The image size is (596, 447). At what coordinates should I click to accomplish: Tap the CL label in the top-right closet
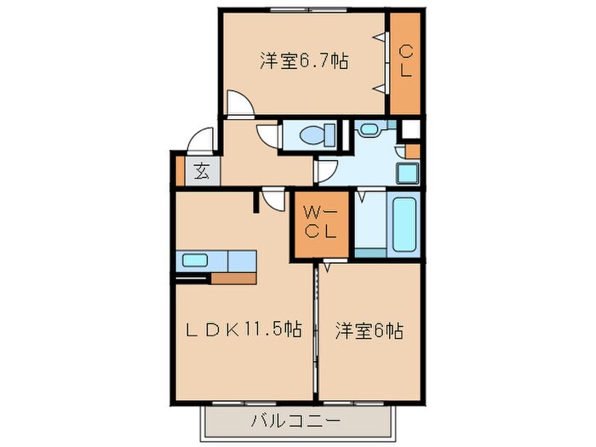pos(405,61)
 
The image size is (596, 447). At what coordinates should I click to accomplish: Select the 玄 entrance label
pos(201,171)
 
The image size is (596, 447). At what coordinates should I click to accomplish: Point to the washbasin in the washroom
pos(370,130)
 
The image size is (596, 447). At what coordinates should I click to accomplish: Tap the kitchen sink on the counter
pos(195,261)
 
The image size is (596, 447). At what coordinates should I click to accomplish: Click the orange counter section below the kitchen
pos(233,278)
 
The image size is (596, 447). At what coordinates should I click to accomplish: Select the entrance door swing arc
pos(201,139)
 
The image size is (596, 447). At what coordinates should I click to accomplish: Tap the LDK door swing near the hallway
pos(275,199)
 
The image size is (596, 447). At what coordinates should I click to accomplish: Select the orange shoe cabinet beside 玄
pos(179,170)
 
